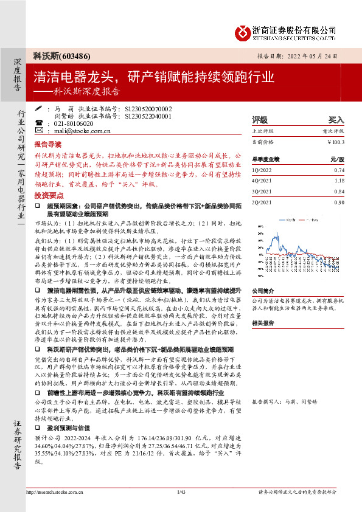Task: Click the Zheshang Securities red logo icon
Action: (x=243, y=30)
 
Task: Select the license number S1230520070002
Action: (x=148, y=108)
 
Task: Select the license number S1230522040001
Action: (x=148, y=116)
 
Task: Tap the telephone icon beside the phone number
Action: (x=40, y=123)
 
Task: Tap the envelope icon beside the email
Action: (x=40, y=130)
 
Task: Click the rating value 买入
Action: (x=336, y=120)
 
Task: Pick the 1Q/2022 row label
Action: (x=261, y=170)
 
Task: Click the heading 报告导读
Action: (x=48, y=145)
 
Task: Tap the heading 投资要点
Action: (x=48, y=196)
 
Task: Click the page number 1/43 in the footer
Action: (x=181, y=491)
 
